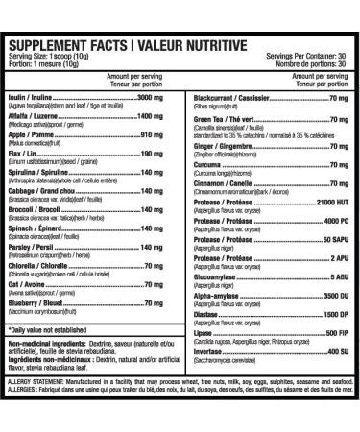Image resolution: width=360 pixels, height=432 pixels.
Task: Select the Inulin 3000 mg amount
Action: [157, 98]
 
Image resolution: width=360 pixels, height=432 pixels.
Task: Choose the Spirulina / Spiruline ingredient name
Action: [42, 169]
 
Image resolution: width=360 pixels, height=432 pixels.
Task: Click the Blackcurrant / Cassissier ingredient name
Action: [230, 98]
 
